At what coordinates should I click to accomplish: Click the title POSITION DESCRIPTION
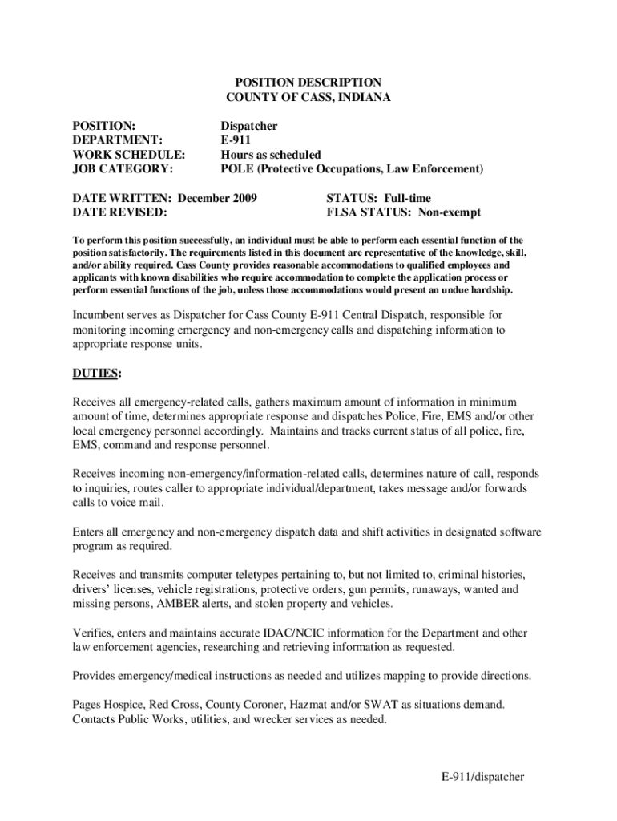[x=308, y=83]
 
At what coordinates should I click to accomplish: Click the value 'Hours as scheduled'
[x=270, y=155]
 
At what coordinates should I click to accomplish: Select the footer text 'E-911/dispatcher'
[x=482, y=777]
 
